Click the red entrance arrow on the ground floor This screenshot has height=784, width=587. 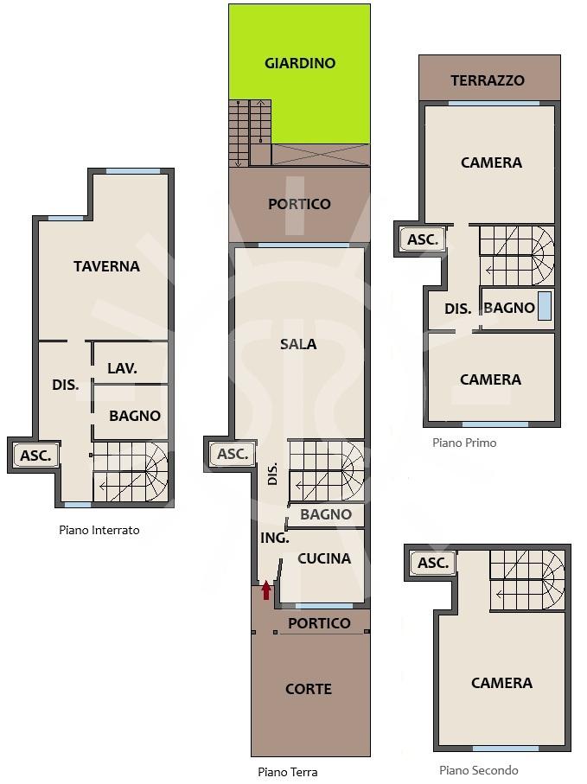click(266, 590)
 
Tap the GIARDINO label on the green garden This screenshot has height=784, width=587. click(300, 63)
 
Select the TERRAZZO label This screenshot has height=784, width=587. click(488, 80)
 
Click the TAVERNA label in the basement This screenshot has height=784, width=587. click(106, 266)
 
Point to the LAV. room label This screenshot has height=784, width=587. click(122, 368)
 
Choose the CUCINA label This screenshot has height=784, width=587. click(324, 558)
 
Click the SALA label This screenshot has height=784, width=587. click(298, 344)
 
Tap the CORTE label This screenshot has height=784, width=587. click(309, 689)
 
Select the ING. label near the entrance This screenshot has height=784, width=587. click(275, 538)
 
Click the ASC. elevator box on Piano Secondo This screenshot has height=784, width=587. click(433, 563)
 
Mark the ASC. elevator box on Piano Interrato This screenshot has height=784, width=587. click(35, 456)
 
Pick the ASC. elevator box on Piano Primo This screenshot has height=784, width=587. click(423, 239)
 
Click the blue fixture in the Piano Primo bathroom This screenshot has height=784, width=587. click(545, 305)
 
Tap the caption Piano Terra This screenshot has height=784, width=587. click(288, 772)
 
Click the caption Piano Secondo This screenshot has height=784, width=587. click(478, 770)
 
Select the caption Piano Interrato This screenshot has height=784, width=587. click(99, 530)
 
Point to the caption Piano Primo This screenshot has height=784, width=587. click(464, 443)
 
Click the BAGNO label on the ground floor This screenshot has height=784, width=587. click(326, 514)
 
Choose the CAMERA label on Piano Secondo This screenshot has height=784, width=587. click(501, 683)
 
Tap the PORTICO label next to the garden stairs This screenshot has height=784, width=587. click(299, 204)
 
